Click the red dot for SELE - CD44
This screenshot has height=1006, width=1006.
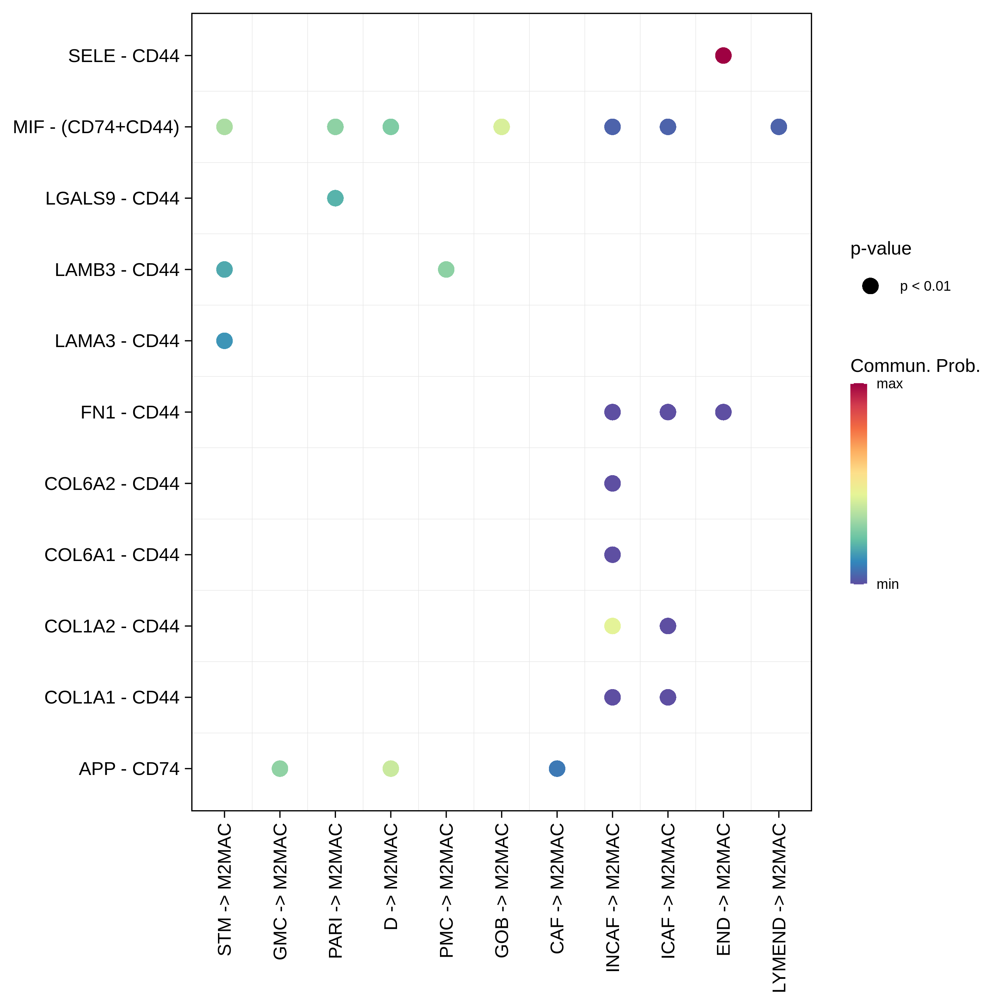tap(723, 55)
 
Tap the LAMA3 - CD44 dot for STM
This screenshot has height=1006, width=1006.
tap(224, 341)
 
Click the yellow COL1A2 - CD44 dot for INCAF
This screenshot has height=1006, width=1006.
tap(612, 625)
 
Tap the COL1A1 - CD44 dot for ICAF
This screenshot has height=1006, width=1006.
tap(668, 697)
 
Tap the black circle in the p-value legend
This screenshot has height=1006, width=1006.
tap(870, 286)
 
